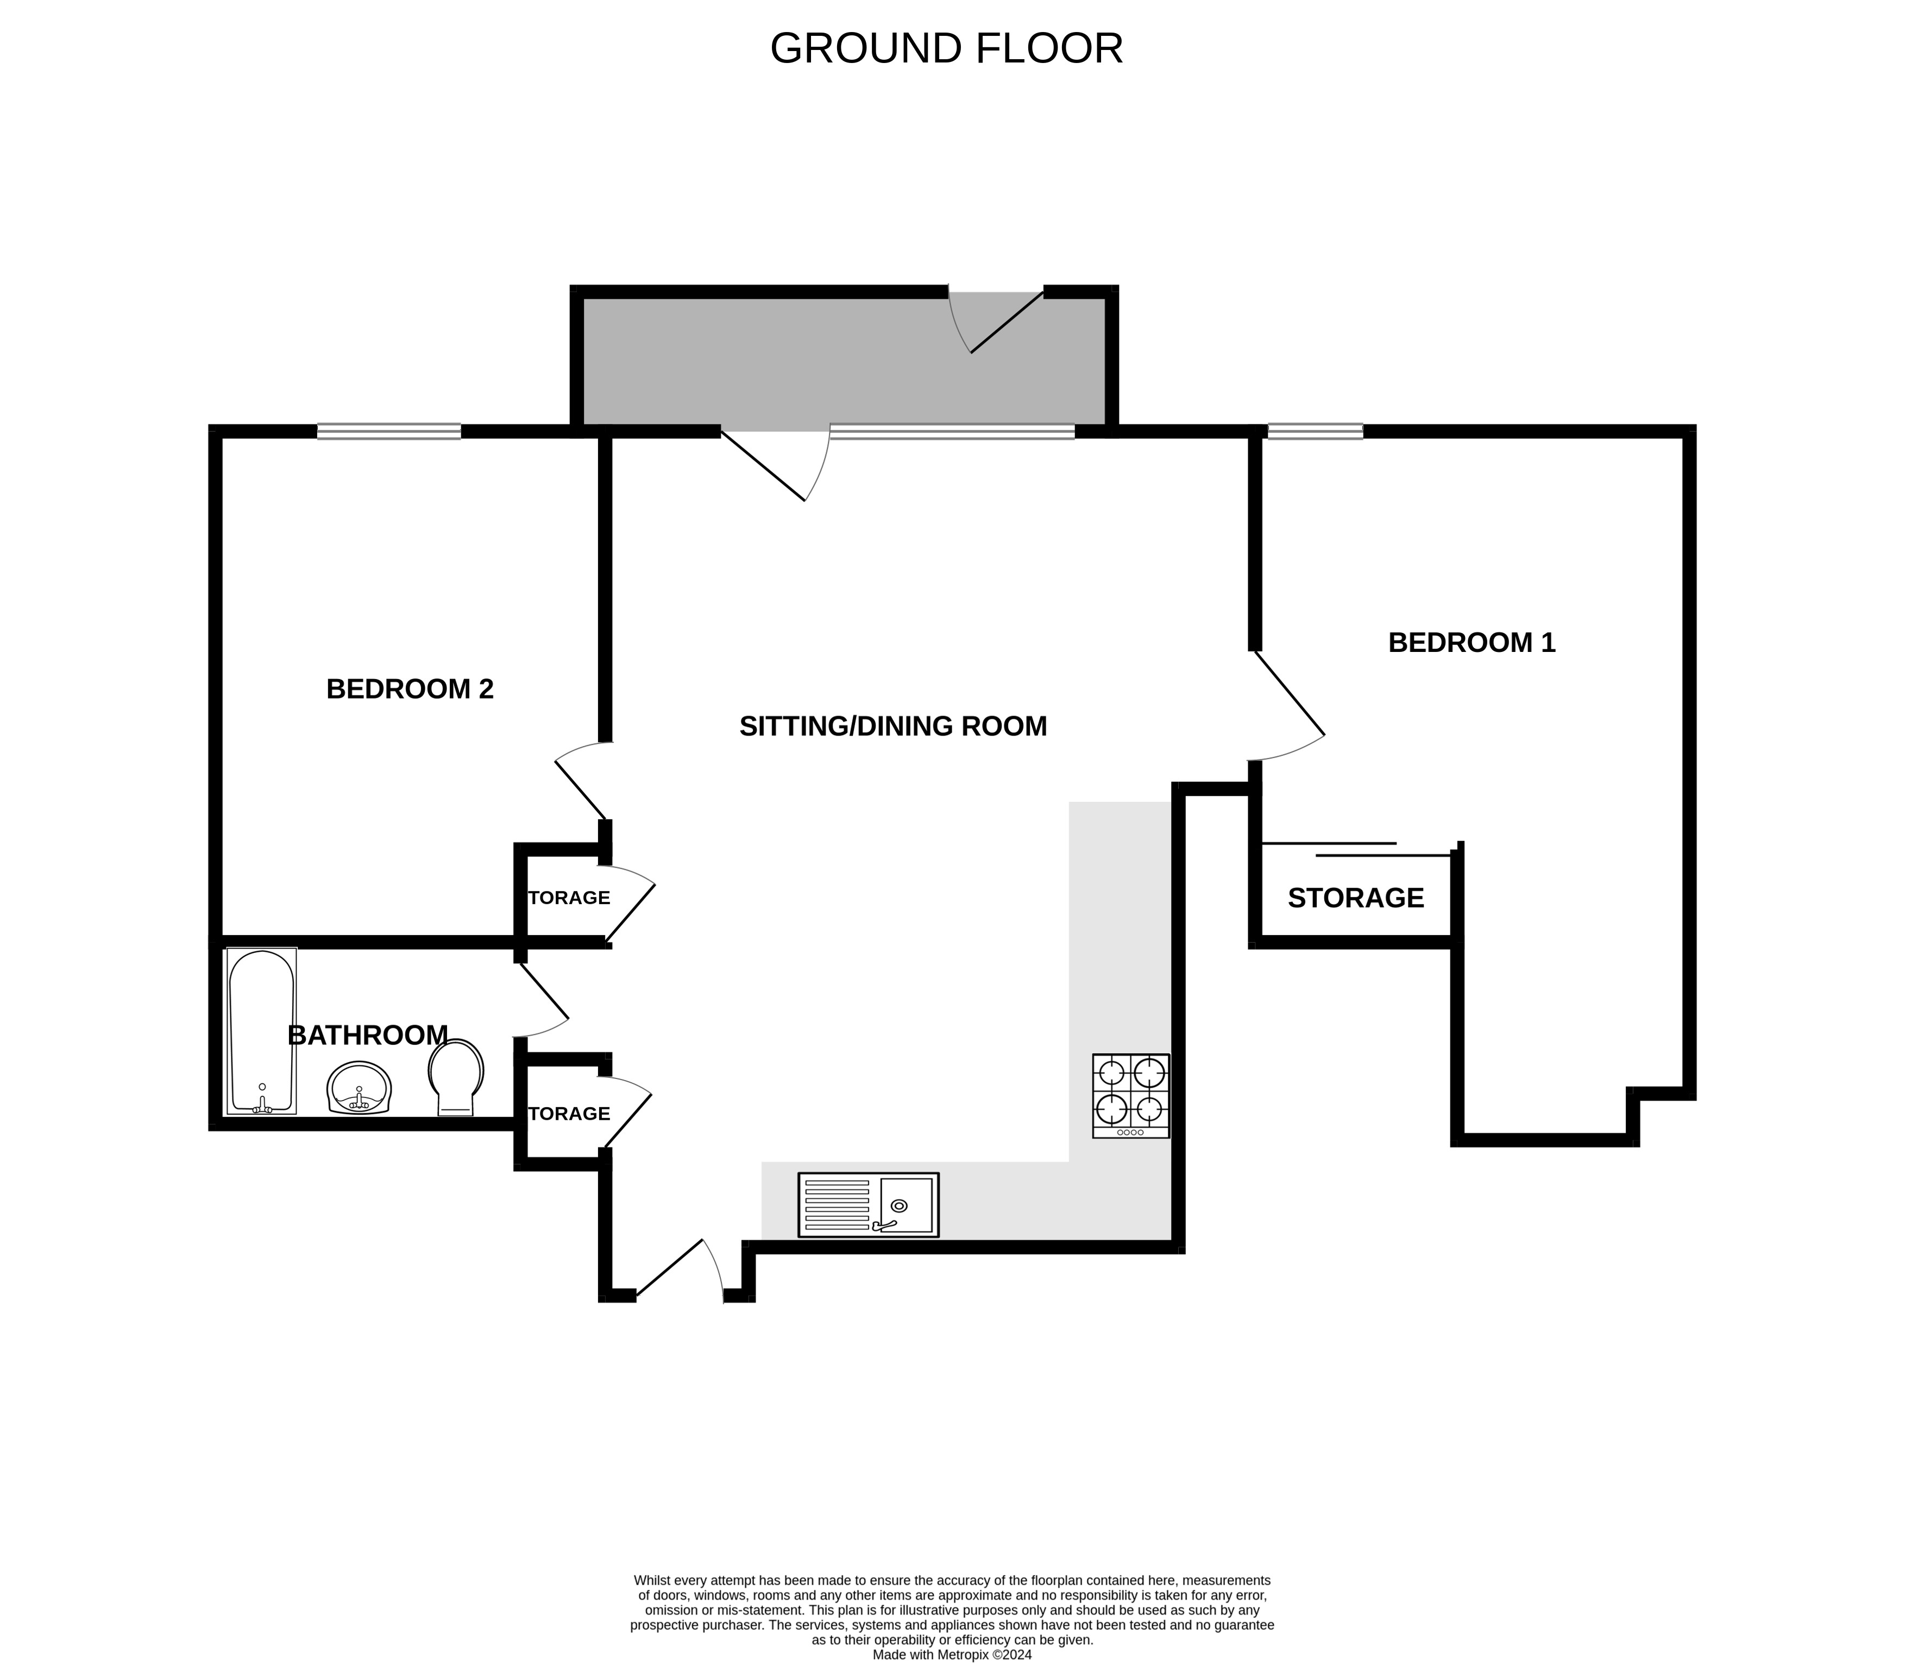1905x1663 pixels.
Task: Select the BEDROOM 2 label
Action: (x=410, y=688)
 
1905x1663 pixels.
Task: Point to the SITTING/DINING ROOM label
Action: (x=894, y=726)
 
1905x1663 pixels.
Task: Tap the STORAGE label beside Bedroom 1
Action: (x=1356, y=898)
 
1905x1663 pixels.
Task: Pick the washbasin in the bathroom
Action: (x=359, y=1088)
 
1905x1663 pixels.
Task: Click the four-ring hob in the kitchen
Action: (x=1131, y=1096)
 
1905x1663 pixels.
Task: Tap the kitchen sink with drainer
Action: (x=869, y=1204)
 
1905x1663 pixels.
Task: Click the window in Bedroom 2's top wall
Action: (x=389, y=431)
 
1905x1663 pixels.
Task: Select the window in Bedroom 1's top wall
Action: (x=1315, y=431)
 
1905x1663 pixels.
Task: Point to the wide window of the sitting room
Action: (x=952, y=431)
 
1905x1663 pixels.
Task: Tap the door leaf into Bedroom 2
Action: (x=581, y=790)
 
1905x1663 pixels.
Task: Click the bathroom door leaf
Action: (x=544, y=991)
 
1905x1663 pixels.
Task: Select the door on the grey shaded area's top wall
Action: (x=1007, y=322)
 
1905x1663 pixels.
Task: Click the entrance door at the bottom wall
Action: (x=670, y=1267)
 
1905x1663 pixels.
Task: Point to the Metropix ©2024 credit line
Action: (x=952, y=1654)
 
